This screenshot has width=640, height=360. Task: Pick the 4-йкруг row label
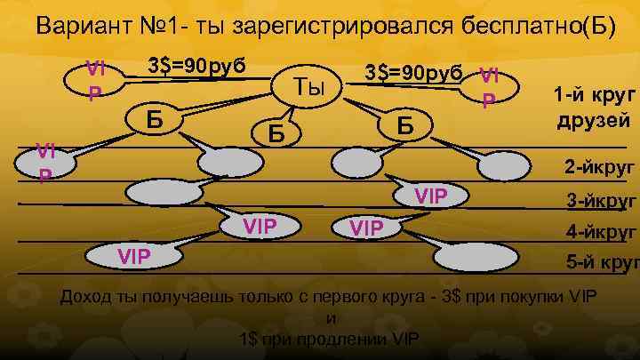(x=602, y=234)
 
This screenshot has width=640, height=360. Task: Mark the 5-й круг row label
(x=604, y=263)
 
